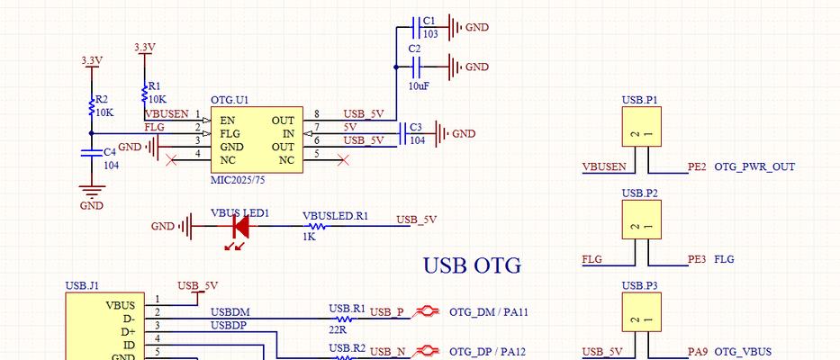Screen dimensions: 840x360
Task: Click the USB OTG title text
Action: [472, 265]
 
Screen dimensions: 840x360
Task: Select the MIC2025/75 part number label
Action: [238, 180]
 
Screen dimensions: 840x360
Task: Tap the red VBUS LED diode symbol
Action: [239, 227]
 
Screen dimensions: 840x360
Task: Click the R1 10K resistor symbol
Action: [144, 92]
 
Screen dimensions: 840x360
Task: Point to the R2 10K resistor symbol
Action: [92, 106]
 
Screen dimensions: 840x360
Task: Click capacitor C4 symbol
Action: [92, 153]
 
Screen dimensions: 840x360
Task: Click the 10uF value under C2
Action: [419, 85]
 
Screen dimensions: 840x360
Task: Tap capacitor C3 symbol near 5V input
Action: [403, 133]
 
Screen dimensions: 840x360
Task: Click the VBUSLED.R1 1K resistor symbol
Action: [315, 226]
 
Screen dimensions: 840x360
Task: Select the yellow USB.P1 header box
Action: [641, 126]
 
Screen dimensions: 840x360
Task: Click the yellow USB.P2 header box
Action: [641, 220]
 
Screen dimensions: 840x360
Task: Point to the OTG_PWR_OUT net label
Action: [754, 167]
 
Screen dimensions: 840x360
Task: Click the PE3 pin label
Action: [697, 260]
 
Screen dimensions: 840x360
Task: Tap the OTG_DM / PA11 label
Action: [489, 311]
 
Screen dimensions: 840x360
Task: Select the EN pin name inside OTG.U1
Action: [227, 120]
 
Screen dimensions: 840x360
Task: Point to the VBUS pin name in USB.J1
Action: [121, 305]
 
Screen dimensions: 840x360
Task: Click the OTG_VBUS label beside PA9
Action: [743, 352]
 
